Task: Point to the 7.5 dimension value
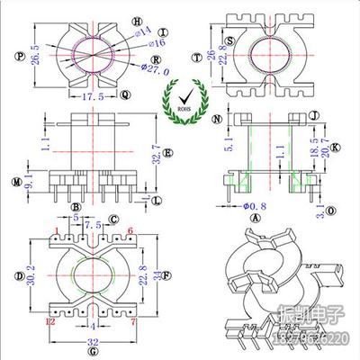(x=94, y=226)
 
